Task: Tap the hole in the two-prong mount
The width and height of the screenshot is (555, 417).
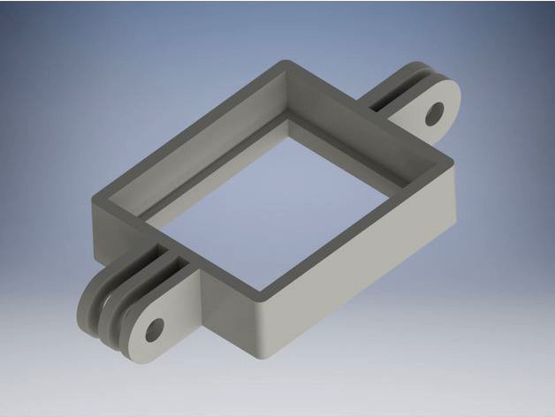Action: [x=434, y=113]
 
